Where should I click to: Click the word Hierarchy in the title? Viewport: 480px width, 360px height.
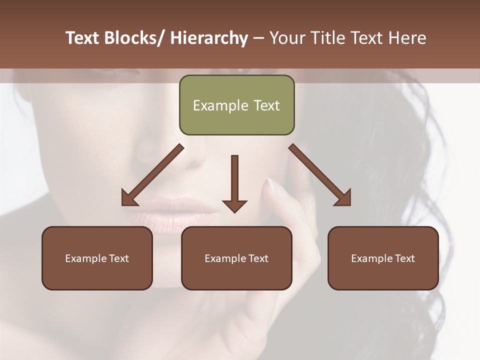click(x=208, y=38)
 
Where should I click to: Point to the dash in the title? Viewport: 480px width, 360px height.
click(x=258, y=38)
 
